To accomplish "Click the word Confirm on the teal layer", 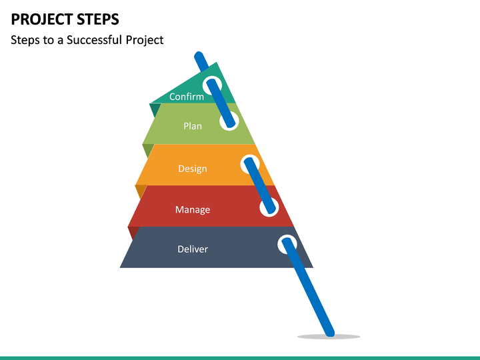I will click(187, 97).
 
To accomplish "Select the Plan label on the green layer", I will click(193, 126).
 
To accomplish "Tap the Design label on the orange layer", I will click(193, 169).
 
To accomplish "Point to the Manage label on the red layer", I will click(193, 210).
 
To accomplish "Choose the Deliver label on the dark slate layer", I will click(193, 249).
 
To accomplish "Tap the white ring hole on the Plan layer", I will click(229, 121).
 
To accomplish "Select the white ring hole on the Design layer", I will click(250, 163).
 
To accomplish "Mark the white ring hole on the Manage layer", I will click(269, 207).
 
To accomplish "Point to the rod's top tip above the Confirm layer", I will click(197, 55).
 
